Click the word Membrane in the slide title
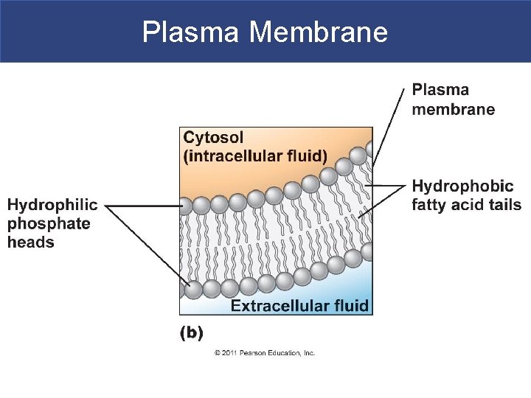tap(319, 32)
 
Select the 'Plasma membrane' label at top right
tap(453, 99)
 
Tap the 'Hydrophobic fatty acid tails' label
tap(466, 195)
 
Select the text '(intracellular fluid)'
tap(255, 156)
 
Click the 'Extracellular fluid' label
tap(299, 306)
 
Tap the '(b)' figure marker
tap(192, 332)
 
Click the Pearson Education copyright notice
tap(265, 353)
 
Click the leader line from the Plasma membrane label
tap(389, 125)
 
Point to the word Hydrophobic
tap(462, 186)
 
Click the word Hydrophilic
tap(52, 205)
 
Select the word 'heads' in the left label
tap(31, 242)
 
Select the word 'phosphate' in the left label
tap(49, 223)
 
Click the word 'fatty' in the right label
tap(430, 205)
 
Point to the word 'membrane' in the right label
tap(453, 109)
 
